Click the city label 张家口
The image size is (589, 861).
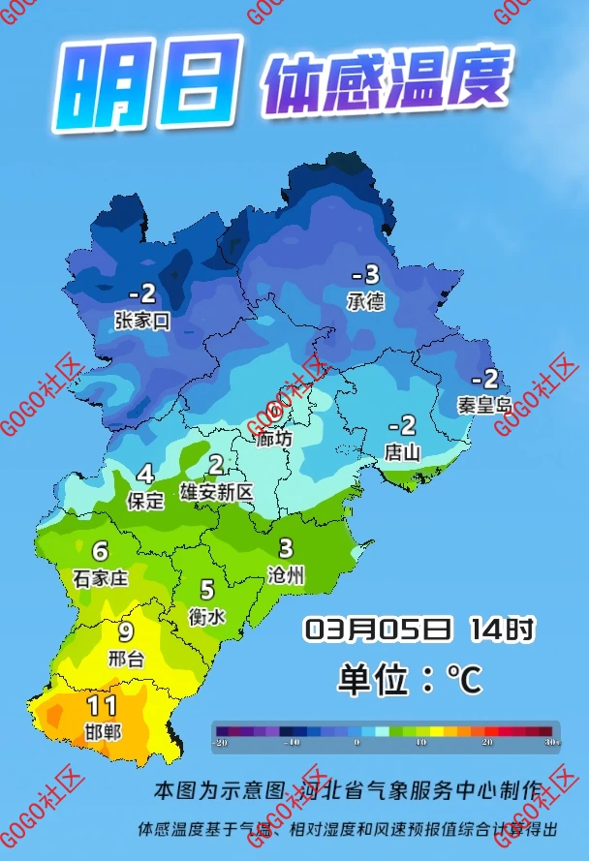tap(141, 322)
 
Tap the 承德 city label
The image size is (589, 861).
tap(365, 301)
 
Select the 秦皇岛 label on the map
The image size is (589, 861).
tap(483, 405)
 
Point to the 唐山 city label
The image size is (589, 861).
tap(402, 451)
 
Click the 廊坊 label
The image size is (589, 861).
tap(274, 438)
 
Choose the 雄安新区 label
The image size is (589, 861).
tap(216, 492)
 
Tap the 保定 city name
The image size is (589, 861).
tap(145, 501)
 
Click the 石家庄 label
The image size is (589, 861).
tap(101, 579)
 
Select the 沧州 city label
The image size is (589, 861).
tap(286, 575)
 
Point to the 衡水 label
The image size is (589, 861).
tap(207, 615)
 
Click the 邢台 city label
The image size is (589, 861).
tap(126, 660)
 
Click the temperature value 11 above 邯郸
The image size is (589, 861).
tap(102, 706)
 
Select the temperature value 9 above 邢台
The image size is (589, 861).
tap(126, 632)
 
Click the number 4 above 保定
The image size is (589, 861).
tap(145, 474)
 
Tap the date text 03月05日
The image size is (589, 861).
tap(379, 630)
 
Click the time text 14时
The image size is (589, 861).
tap(502, 630)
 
